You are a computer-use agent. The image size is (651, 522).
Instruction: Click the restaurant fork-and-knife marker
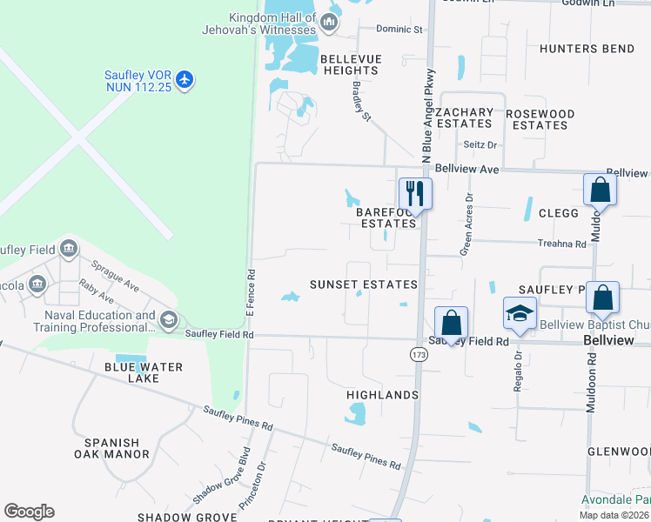point(415,193)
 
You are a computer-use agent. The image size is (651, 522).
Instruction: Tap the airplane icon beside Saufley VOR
point(184,80)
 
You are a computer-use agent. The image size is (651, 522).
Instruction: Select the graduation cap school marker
point(520,313)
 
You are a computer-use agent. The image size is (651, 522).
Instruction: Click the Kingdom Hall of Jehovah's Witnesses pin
point(330,23)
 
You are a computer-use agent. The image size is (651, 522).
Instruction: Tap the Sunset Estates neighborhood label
point(364,284)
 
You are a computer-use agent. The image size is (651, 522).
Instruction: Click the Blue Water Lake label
point(144,372)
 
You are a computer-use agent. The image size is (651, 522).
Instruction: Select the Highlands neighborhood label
point(383,395)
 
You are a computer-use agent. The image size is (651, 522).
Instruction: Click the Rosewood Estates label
point(540,119)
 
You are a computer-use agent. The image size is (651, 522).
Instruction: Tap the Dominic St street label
point(399,29)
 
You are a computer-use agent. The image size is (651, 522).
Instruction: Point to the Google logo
point(29,512)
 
